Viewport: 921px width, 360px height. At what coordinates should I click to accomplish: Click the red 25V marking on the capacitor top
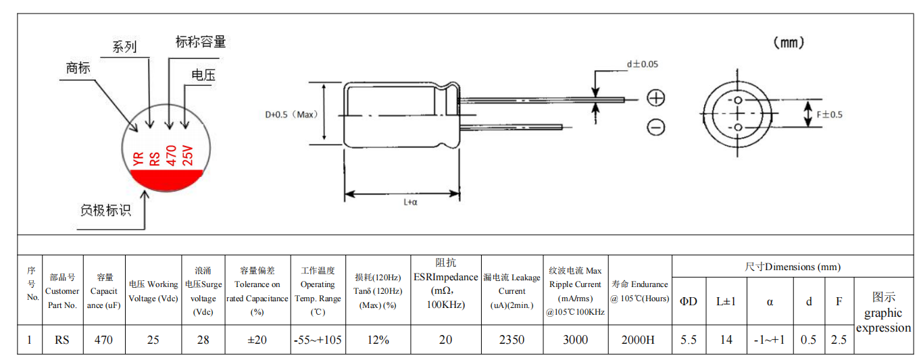click(x=187, y=155)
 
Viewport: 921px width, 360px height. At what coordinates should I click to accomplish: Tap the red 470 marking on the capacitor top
click(x=171, y=155)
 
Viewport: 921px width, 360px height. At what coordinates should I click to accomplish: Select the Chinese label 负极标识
click(x=105, y=210)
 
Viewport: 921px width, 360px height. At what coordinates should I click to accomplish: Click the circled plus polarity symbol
click(x=656, y=98)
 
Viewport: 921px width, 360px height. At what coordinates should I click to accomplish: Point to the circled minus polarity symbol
click(x=656, y=127)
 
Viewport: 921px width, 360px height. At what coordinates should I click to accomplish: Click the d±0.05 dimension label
click(x=642, y=64)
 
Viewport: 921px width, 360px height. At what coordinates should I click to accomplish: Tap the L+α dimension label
click(x=410, y=202)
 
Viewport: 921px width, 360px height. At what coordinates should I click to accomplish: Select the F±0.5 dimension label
click(x=829, y=115)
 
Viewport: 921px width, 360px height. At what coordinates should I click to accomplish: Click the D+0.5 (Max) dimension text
click(x=291, y=115)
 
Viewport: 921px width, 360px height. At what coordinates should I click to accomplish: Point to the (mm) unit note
click(x=789, y=43)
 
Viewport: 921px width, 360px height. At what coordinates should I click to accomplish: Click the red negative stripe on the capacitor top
click(x=166, y=180)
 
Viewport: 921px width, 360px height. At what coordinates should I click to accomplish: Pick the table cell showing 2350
click(x=512, y=340)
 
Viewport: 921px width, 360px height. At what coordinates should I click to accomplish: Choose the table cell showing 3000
click(x=575, y=340)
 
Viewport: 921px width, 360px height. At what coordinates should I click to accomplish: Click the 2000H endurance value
click(x=638, y=340)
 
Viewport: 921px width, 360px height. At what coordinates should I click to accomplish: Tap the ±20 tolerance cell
click(x=257, y=340)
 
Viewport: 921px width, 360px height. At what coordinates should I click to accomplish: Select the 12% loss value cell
click(x=378, y=340)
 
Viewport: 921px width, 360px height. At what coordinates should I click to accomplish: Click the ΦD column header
click(x=689, y=302)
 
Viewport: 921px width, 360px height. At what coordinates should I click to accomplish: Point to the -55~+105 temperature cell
click(x=318, y=340)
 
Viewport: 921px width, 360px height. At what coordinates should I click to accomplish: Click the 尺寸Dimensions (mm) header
click(x=793, y=267)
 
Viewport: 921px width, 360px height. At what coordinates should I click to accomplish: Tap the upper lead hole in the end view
click(x=738, y=100)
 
